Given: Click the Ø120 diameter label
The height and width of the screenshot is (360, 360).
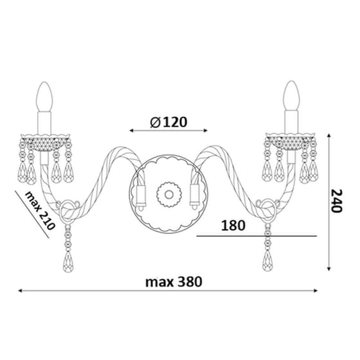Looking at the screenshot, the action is point(168,122).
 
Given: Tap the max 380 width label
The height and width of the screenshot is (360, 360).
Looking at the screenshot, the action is point(174,282).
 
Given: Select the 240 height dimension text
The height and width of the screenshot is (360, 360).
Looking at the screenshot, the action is point(337,201).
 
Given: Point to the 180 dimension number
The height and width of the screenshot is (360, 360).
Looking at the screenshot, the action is point(233,226).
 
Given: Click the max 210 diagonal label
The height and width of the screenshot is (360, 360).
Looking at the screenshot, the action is point(40,211).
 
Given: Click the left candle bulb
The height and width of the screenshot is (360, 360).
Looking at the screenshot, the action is point(44,96).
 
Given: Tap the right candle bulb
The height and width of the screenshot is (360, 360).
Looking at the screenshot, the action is point(291,96).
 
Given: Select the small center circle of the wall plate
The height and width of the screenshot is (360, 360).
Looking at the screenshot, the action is point(169,195).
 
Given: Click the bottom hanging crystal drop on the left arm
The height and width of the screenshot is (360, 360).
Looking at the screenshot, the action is point(68,262).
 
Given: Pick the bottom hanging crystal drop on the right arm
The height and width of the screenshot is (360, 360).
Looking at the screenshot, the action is point(267,260).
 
